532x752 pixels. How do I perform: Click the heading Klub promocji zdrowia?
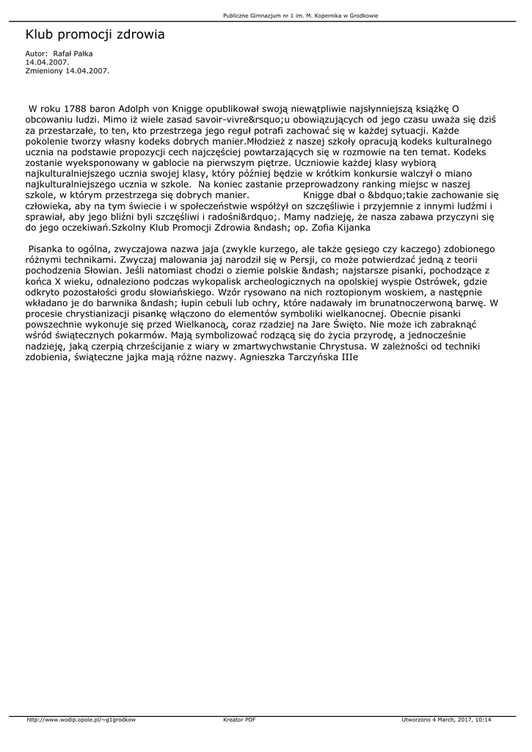(95, 35)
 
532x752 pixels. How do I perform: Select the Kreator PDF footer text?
(239, 720)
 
